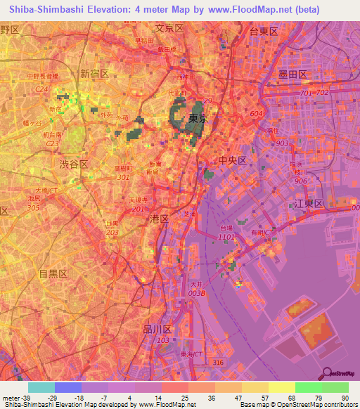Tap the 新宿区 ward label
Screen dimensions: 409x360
tap(94, 74)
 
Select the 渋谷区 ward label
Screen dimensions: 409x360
tap(73, 163)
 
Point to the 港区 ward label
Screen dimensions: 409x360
tap(160, 219)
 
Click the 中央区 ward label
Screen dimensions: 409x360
tap(232, 160)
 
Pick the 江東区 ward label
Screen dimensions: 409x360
tap(309, 203)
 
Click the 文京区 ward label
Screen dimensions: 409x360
tap(169, 28)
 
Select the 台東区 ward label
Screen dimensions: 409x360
tap(264, 32)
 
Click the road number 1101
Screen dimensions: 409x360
tap(226, 238)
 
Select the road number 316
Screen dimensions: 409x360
tap(219, 362)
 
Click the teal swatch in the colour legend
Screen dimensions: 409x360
tap(41, 387)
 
